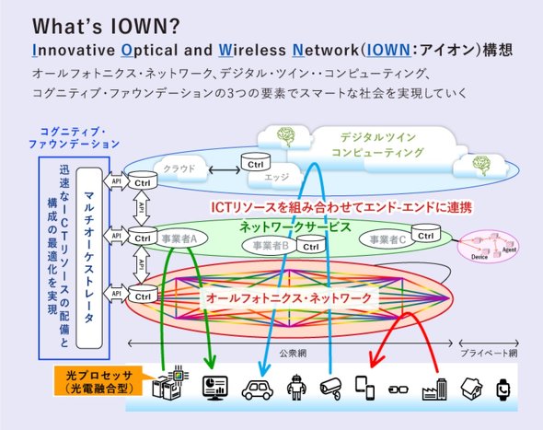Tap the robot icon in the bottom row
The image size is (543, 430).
296,388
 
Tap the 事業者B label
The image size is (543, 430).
271,245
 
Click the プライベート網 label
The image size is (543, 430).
487,354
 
